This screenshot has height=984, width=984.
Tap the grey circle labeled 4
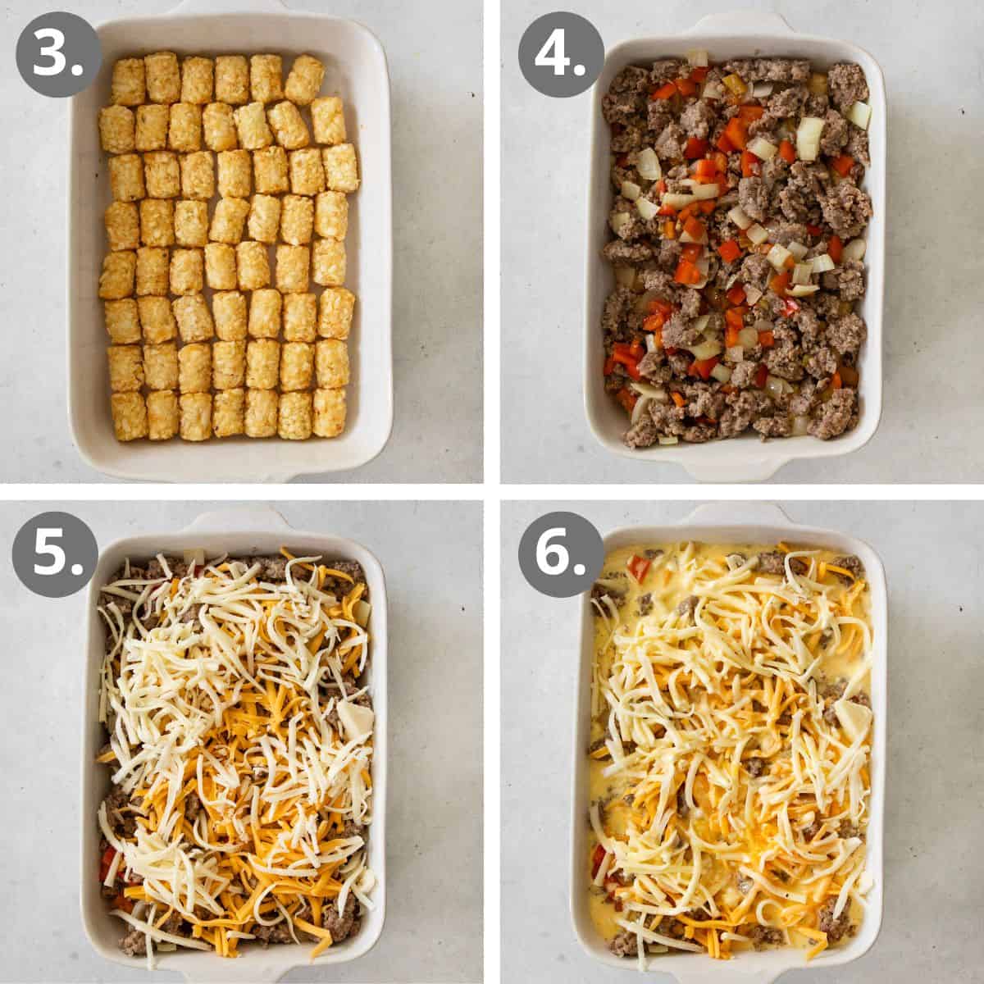pos(559,56)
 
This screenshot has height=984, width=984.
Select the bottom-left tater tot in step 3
pos(129,415)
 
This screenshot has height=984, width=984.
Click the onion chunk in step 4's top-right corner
pos(859,114)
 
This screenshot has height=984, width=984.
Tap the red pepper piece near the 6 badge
pos(638,567)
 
